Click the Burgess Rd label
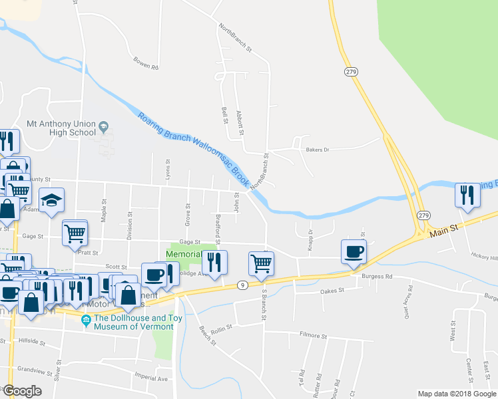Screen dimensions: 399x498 point(376,276)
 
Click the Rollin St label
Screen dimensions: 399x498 point(220,327)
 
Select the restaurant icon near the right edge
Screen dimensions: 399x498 point(467,196)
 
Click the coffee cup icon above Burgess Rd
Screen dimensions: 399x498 point(354,252)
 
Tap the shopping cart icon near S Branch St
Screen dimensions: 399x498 point(262,263)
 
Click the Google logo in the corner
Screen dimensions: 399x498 point(23,391)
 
